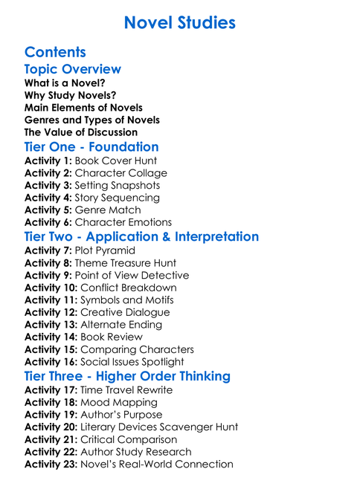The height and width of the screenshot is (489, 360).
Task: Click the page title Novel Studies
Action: [x=180, y=23]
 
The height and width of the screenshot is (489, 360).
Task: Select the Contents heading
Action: [x=55, y=52]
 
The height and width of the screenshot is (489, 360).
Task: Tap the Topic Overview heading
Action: [x=73, y=69]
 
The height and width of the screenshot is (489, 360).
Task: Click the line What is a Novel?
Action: [x=65, y=83]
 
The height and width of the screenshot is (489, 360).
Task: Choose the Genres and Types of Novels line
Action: [x=92, y=120]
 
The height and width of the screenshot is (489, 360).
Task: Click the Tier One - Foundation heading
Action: [x=91, y=147]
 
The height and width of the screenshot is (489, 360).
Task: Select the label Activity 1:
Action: [x=48, y=161]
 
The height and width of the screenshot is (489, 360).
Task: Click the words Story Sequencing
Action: [x=118, y=198]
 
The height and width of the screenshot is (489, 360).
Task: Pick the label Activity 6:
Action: [x=48, y=222]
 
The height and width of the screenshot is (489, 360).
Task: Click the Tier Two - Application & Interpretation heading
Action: [x=141, y=237]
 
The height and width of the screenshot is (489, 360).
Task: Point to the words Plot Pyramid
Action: [x=109, y=251]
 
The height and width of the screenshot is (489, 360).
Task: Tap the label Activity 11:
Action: [x=51, y=299]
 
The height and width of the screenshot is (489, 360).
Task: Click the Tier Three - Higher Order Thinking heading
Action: [x=127, y=377]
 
